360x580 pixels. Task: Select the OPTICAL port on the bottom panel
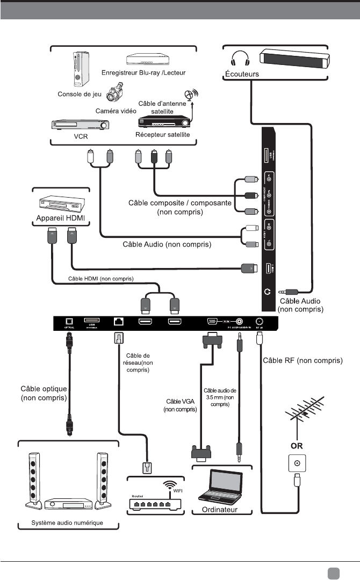click(69, 322)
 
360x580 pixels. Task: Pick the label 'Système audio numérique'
click(68, 523)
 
